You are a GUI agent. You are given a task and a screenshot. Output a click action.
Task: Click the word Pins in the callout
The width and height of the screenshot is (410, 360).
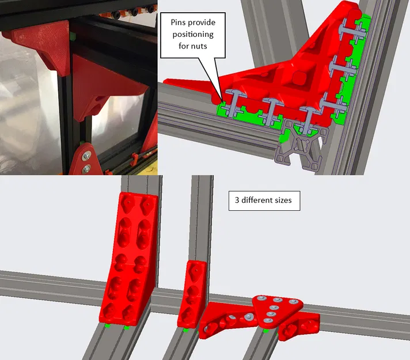[x=177, y=22]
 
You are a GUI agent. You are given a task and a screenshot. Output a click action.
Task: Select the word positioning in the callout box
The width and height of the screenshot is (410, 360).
[x=193, y=35]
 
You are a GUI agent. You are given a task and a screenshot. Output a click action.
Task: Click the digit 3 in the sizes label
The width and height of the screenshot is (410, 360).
[x=237, y=200]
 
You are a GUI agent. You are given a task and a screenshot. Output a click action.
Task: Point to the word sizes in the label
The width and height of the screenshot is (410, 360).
[x=283, y=200]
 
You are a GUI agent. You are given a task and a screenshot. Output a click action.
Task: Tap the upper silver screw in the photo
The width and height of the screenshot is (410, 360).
[x=86, y=156]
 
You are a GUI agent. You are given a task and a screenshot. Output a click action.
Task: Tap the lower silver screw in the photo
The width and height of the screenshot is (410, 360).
[x=86, y=169]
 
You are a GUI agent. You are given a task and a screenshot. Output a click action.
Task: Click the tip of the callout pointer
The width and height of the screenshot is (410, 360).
[x=222, y=103]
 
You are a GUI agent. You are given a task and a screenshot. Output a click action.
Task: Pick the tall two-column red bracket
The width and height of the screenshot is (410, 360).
[x=128, y=259]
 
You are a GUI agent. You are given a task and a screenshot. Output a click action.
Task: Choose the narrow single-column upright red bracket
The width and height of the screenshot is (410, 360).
[x=192, y=294]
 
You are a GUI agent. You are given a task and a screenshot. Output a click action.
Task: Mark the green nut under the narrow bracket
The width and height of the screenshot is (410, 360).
[x=185, y=330]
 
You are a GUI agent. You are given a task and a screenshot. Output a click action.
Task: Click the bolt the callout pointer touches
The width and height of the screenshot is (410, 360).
[x=232, y=103]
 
